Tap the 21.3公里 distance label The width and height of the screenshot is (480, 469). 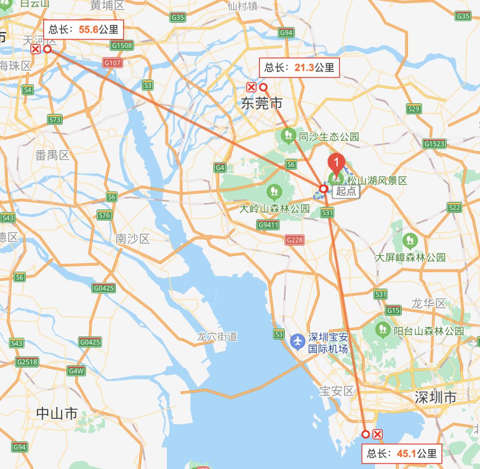(299, 68)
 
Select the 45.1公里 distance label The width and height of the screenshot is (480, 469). (402, 453)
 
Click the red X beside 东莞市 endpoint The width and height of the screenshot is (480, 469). (252, 87)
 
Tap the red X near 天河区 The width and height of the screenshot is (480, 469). (36, 49)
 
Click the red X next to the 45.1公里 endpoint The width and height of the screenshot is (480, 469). (377, 434)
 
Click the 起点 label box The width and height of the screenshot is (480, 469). (346, 191)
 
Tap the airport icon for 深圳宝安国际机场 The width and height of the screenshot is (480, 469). (297, 341)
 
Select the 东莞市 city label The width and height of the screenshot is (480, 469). (262, 104)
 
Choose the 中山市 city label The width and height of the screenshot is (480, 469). (57, 413)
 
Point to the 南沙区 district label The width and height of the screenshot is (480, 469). (132, 239)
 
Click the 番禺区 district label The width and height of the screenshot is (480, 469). (52, 155)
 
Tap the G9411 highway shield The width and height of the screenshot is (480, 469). (268, 225)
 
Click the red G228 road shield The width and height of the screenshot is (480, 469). (295, 240)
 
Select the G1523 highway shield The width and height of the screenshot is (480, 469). (434, 144)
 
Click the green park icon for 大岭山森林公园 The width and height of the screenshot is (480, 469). (274, 192)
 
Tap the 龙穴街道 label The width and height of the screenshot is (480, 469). (217, 337)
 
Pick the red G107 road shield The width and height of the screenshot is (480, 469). (112, 63)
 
